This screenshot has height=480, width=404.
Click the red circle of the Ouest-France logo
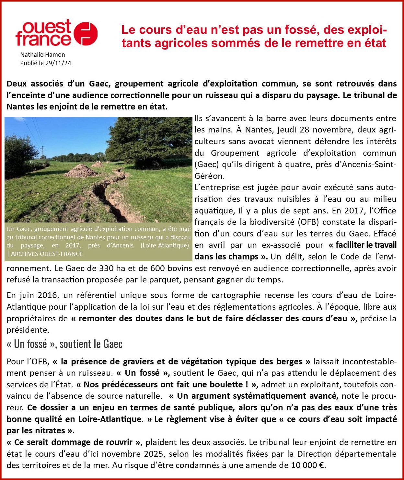coord(86,34)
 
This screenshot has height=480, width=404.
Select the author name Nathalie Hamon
coord(42,55)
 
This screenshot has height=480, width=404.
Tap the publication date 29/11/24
coord(58,63)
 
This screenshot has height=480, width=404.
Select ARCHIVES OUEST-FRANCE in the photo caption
coord(47,254)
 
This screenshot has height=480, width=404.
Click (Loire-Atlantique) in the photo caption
coord(165,246)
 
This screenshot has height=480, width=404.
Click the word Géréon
coord(209,176)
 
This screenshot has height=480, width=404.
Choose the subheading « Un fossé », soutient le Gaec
coord(64,344)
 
